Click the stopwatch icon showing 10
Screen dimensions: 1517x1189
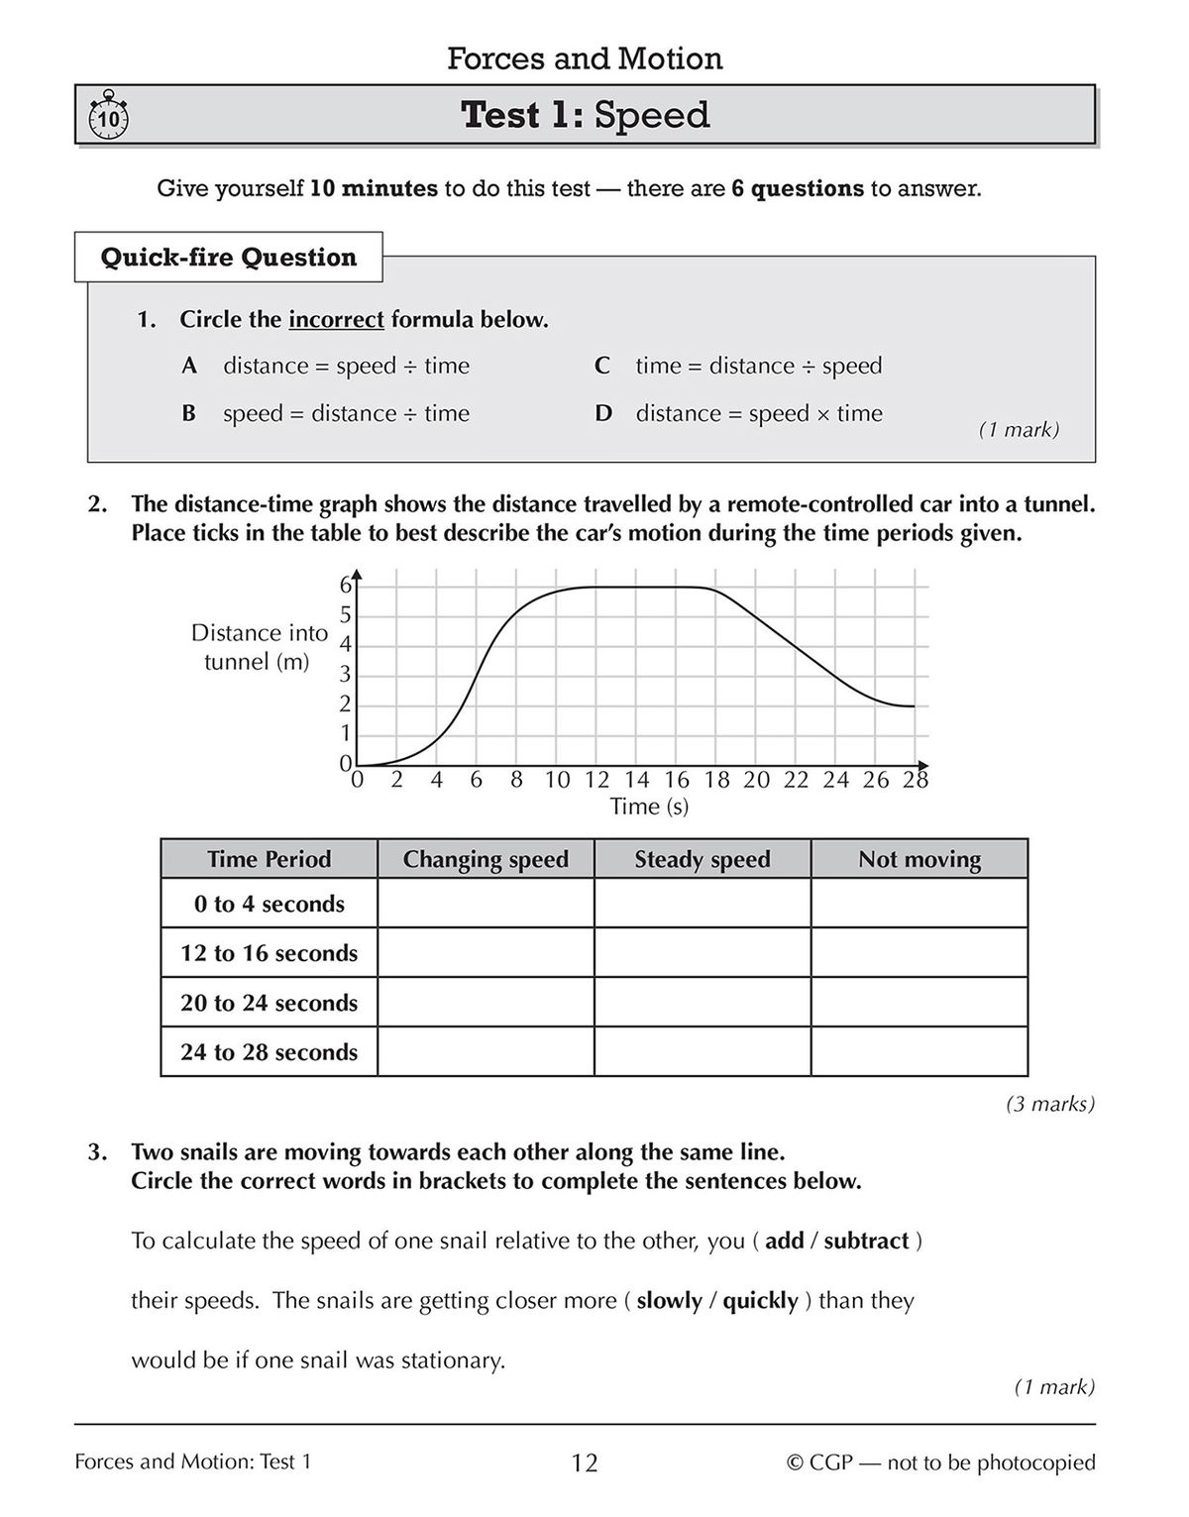tap(108, 118)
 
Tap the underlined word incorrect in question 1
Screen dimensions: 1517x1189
tap(336, 320)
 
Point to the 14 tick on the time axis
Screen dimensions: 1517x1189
tap(636, 780)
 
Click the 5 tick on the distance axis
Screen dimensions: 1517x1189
tap(346, 615)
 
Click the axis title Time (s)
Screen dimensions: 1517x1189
tap(649, 807)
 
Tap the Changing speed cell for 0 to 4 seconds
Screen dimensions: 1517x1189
tap(486, 903)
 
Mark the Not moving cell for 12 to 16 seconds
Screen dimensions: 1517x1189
tap(919, 952)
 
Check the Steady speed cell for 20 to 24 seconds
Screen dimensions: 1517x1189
tap(702, 1002)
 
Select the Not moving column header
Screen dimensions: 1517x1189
tap(919, 859)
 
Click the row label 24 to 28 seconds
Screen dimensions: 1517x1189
tap(269, 1051)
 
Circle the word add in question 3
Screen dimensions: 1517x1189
tap(784, 1241)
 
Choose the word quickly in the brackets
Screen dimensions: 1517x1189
tap(760, 1300)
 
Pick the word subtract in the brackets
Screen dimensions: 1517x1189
tap(866, 1241)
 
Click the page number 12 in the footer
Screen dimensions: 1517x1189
tap(585, 1463)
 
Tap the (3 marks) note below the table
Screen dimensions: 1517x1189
tap(1049, 1103)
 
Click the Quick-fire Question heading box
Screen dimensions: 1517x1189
tap(228, 258)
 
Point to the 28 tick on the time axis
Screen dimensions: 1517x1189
tap(915, 780)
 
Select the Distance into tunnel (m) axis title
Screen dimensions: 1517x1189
tap(258, 647)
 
